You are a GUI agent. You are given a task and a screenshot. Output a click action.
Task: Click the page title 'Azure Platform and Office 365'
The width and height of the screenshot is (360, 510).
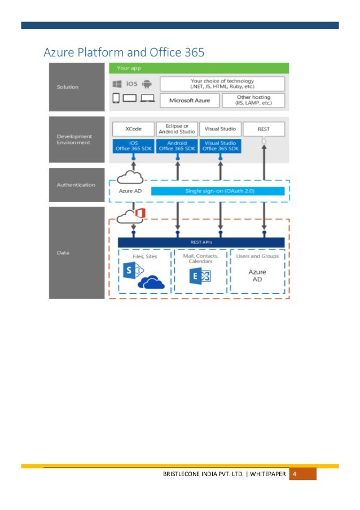click(124, 53)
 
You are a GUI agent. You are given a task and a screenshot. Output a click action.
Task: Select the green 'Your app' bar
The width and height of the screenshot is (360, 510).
click(199, 68)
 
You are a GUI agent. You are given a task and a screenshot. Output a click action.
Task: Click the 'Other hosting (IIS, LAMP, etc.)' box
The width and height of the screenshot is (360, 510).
click(253, 101)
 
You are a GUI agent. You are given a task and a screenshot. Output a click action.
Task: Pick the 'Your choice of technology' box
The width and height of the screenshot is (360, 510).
click(222, 84)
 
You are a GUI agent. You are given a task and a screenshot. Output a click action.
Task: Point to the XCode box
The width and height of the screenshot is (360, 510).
click(133, 128)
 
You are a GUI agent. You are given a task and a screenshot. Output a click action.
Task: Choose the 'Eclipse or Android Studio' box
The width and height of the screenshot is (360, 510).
click(177, 128)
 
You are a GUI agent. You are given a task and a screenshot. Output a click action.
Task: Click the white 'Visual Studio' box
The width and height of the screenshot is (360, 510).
click(220, 128)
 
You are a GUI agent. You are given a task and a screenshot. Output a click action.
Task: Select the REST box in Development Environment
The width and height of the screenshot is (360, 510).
click(264, 129)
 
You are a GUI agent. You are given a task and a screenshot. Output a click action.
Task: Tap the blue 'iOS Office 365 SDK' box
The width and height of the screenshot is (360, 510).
click(133, 146)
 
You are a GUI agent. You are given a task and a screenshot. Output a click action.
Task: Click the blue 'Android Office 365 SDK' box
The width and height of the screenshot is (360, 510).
click(177, 146)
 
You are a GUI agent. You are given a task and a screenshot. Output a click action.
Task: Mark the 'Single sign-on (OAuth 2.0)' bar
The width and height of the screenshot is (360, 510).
click(218, 191)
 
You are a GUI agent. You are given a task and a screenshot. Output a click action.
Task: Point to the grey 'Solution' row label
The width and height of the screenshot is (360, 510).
click(77, 87)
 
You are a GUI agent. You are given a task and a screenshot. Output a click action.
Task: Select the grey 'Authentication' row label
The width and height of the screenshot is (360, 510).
click(77, 185)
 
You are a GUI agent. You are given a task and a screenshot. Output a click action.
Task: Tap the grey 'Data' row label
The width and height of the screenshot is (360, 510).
click(77, 252)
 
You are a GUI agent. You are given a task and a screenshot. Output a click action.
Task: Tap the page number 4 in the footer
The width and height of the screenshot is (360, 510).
click(294, 473)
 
